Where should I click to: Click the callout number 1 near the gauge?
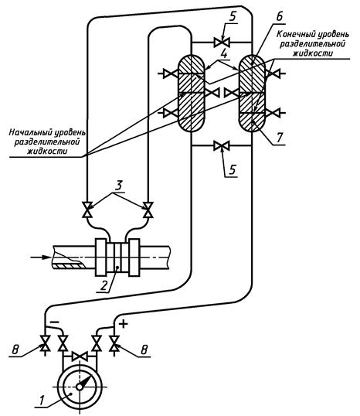point(42,398)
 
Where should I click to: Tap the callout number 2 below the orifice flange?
point(104,285)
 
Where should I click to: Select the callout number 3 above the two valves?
point(118,186)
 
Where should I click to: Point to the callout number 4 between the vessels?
point(224,54)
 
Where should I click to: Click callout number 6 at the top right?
point(280,16)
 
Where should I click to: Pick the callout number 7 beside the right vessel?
point(280,138)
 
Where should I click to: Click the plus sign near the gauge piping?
point(124,324)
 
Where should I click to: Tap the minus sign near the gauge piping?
point(54,322)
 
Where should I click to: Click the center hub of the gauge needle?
point(80,387)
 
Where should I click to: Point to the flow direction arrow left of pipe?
point(41,257)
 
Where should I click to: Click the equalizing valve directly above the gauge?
point(80,356)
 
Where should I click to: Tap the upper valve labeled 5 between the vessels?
point(222,42)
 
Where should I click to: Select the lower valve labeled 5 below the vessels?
point(222,145)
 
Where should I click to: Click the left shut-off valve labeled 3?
point(87,210)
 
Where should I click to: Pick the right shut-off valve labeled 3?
point(148,210)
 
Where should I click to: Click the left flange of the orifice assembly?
point(101,257)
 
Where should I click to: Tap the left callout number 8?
point(15,350)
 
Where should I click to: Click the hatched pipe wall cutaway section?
point(69,265)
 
